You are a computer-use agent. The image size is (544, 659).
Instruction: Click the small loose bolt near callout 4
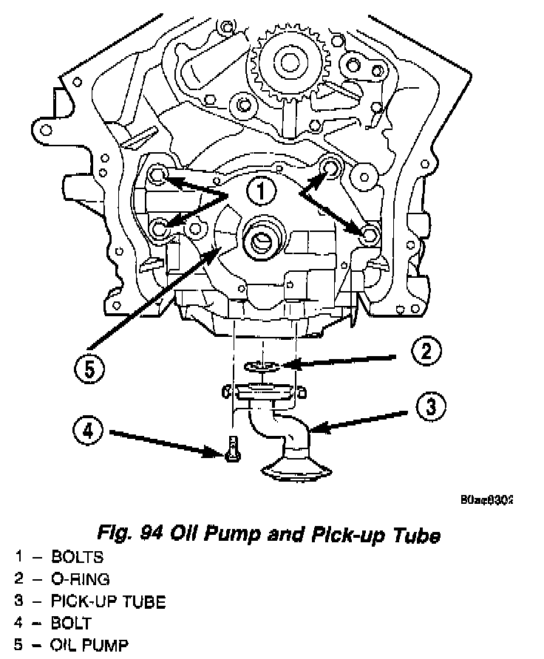(231, 448)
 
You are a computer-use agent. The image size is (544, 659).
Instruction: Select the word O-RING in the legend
(82, 578)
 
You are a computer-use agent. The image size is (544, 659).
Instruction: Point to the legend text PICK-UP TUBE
(108, 601)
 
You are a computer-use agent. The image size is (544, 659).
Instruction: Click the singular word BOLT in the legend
(72, 622)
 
